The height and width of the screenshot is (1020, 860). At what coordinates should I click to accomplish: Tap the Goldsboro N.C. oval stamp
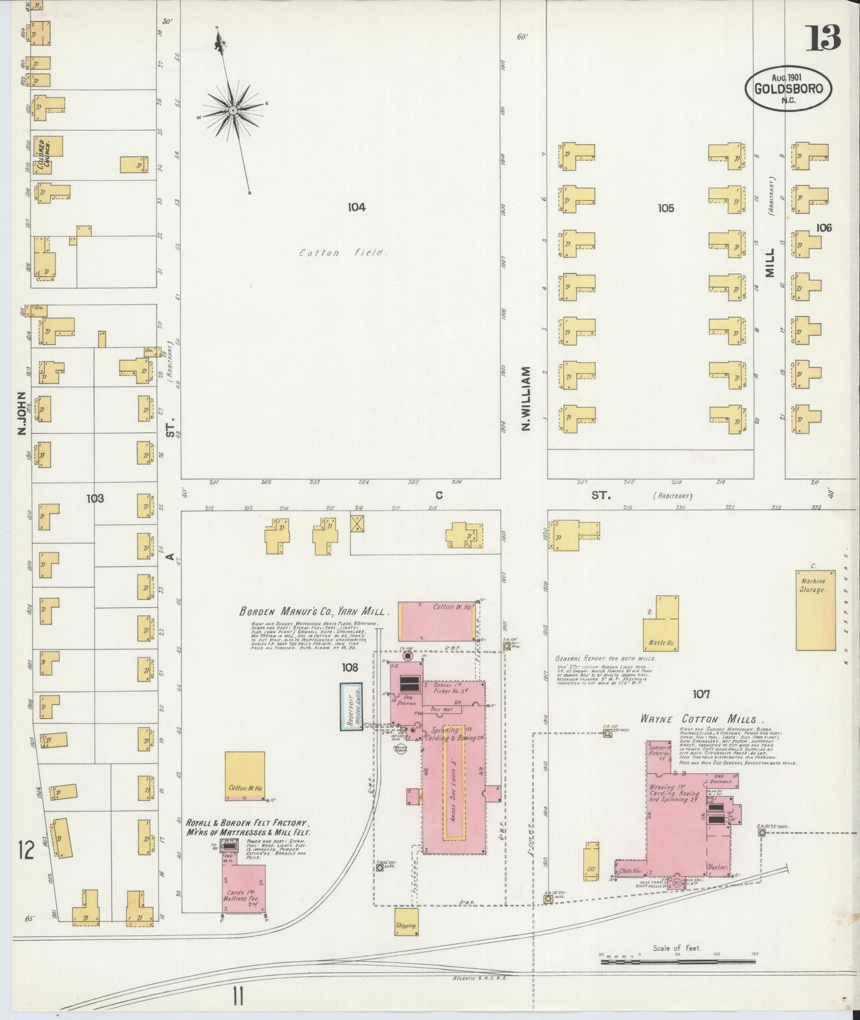click(x=788, y=88)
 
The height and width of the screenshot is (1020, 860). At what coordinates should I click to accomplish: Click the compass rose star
click(x=233, y=111)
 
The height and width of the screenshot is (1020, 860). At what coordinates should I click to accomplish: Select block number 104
click(x=356, y=207)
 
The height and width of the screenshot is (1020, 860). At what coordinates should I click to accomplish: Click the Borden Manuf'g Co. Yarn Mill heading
click(x=314, y=611)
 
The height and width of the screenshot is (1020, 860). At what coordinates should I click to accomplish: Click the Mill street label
click(x=770, y=262)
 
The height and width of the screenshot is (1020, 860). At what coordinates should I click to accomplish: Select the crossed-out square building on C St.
click(x=358, y=524)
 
